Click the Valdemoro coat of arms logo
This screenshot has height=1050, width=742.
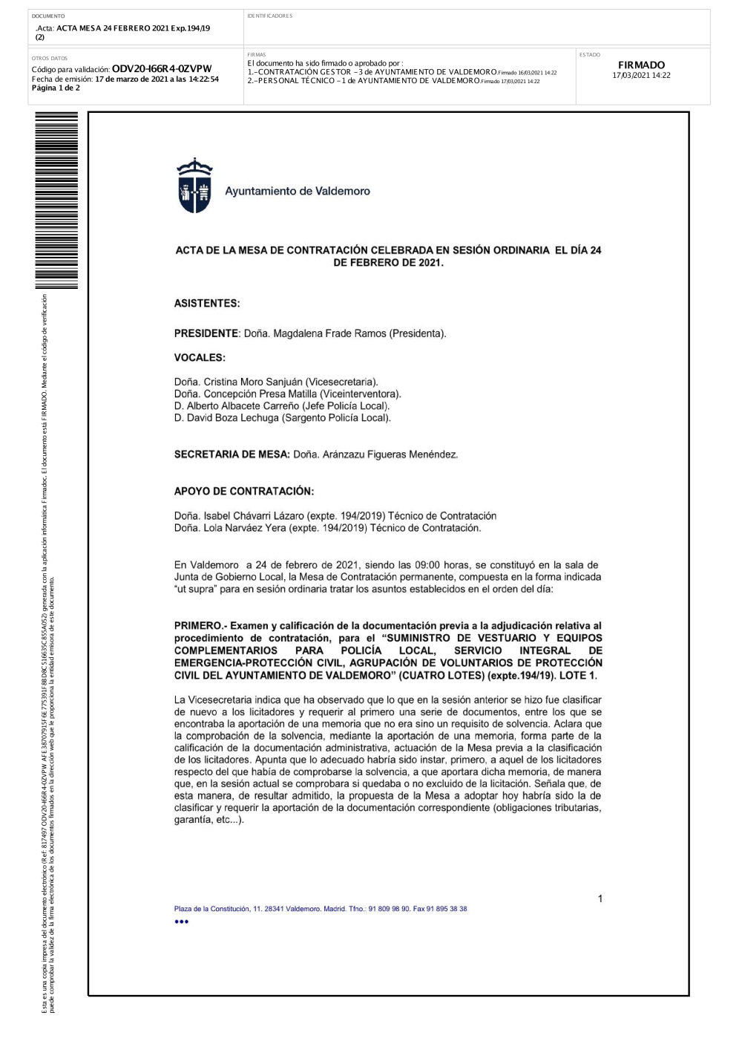(x=194, y=186)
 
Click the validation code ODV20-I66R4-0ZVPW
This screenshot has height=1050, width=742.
(x=162, y=68)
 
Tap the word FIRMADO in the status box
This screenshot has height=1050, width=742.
(x=641, y=65)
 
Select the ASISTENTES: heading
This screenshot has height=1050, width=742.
(x=207, y=304)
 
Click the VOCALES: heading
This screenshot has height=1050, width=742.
(x=200, y=358)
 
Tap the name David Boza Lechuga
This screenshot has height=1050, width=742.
(x=232, y=418)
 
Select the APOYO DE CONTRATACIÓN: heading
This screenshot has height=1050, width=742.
(x=244, y=492)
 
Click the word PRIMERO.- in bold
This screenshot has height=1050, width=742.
(x=200, y=626)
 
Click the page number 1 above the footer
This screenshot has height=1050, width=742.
(x=600, y=899)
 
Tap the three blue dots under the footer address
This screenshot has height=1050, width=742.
(x=182, y=922)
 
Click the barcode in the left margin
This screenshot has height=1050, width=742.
(x=56, y=200)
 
